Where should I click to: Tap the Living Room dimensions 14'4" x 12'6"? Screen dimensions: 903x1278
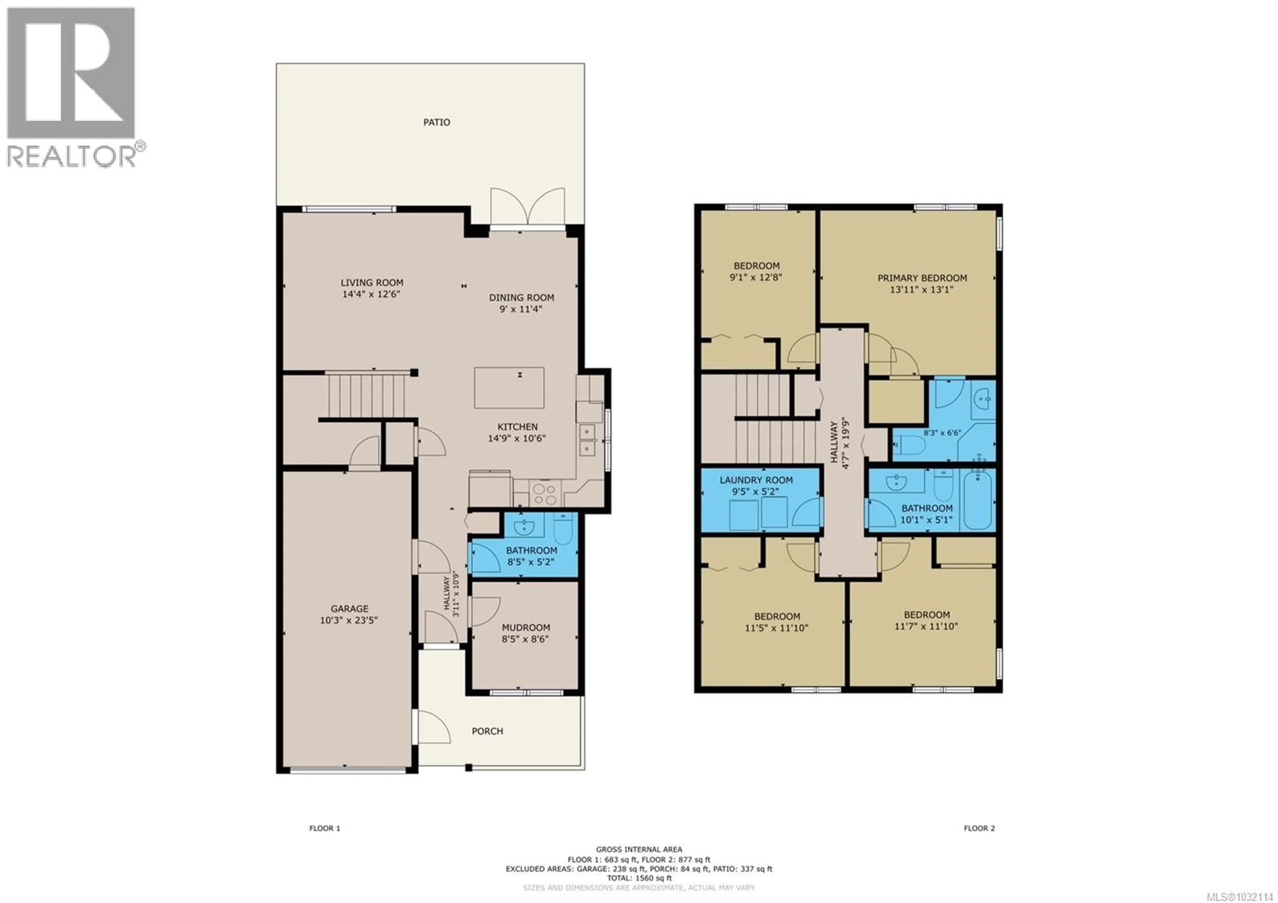(x=371, y=294)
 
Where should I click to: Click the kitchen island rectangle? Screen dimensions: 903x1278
(x=509, y=388)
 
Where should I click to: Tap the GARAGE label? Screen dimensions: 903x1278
(x=349, y=609)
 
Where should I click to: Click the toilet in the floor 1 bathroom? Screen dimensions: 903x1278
(x=563, y=529)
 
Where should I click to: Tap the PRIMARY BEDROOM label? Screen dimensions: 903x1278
(x=922, y=278)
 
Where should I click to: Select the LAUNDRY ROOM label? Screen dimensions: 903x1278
(x=756, y=480)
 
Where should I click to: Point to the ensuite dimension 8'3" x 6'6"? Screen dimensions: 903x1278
(x=942, y=433)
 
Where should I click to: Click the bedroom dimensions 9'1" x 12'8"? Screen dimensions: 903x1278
(x=756, y=277)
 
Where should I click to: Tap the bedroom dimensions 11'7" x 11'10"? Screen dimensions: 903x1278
(x=926, y=626)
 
